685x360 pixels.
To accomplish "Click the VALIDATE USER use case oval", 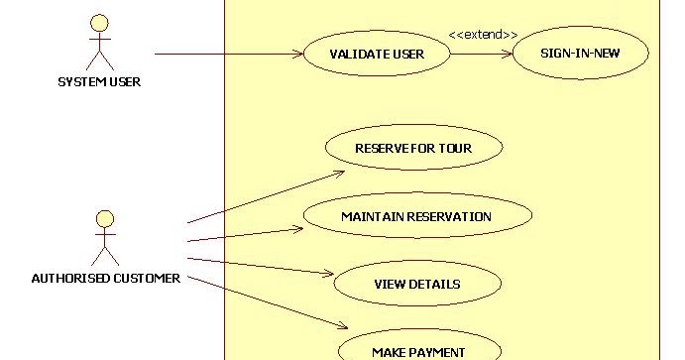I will pyautogui.click(x=376, y=54).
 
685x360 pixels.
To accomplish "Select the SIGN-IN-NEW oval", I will pyautogui.click(x=580, y=54).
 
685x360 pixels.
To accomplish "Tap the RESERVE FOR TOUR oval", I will pyautogui.click(x=413, y=149).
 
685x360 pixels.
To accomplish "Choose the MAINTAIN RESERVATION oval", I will pyautogui.click(x=416, y=216).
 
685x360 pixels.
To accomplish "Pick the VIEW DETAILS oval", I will pyautogui.click(x=416, y=284).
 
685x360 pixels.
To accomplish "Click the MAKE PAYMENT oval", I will pyautogui.click(x=417, y=350).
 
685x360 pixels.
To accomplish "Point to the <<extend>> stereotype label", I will pyautogui.click(x=483, y=35).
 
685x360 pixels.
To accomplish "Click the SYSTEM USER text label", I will pyautogui.click(x=99, y=82).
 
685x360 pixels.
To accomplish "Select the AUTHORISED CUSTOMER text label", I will pyautogui.click(x=106, y=279).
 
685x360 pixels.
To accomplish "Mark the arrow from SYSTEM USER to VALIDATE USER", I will pyautogui.click(x=228, y=54).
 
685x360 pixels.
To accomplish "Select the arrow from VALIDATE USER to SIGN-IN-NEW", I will pyautogui.click(x=481, y=54).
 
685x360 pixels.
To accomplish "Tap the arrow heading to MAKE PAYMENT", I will pyautogui.click(x=268, y=302).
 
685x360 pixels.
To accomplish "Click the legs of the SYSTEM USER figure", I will pyautogui.click(x=99, y=60).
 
